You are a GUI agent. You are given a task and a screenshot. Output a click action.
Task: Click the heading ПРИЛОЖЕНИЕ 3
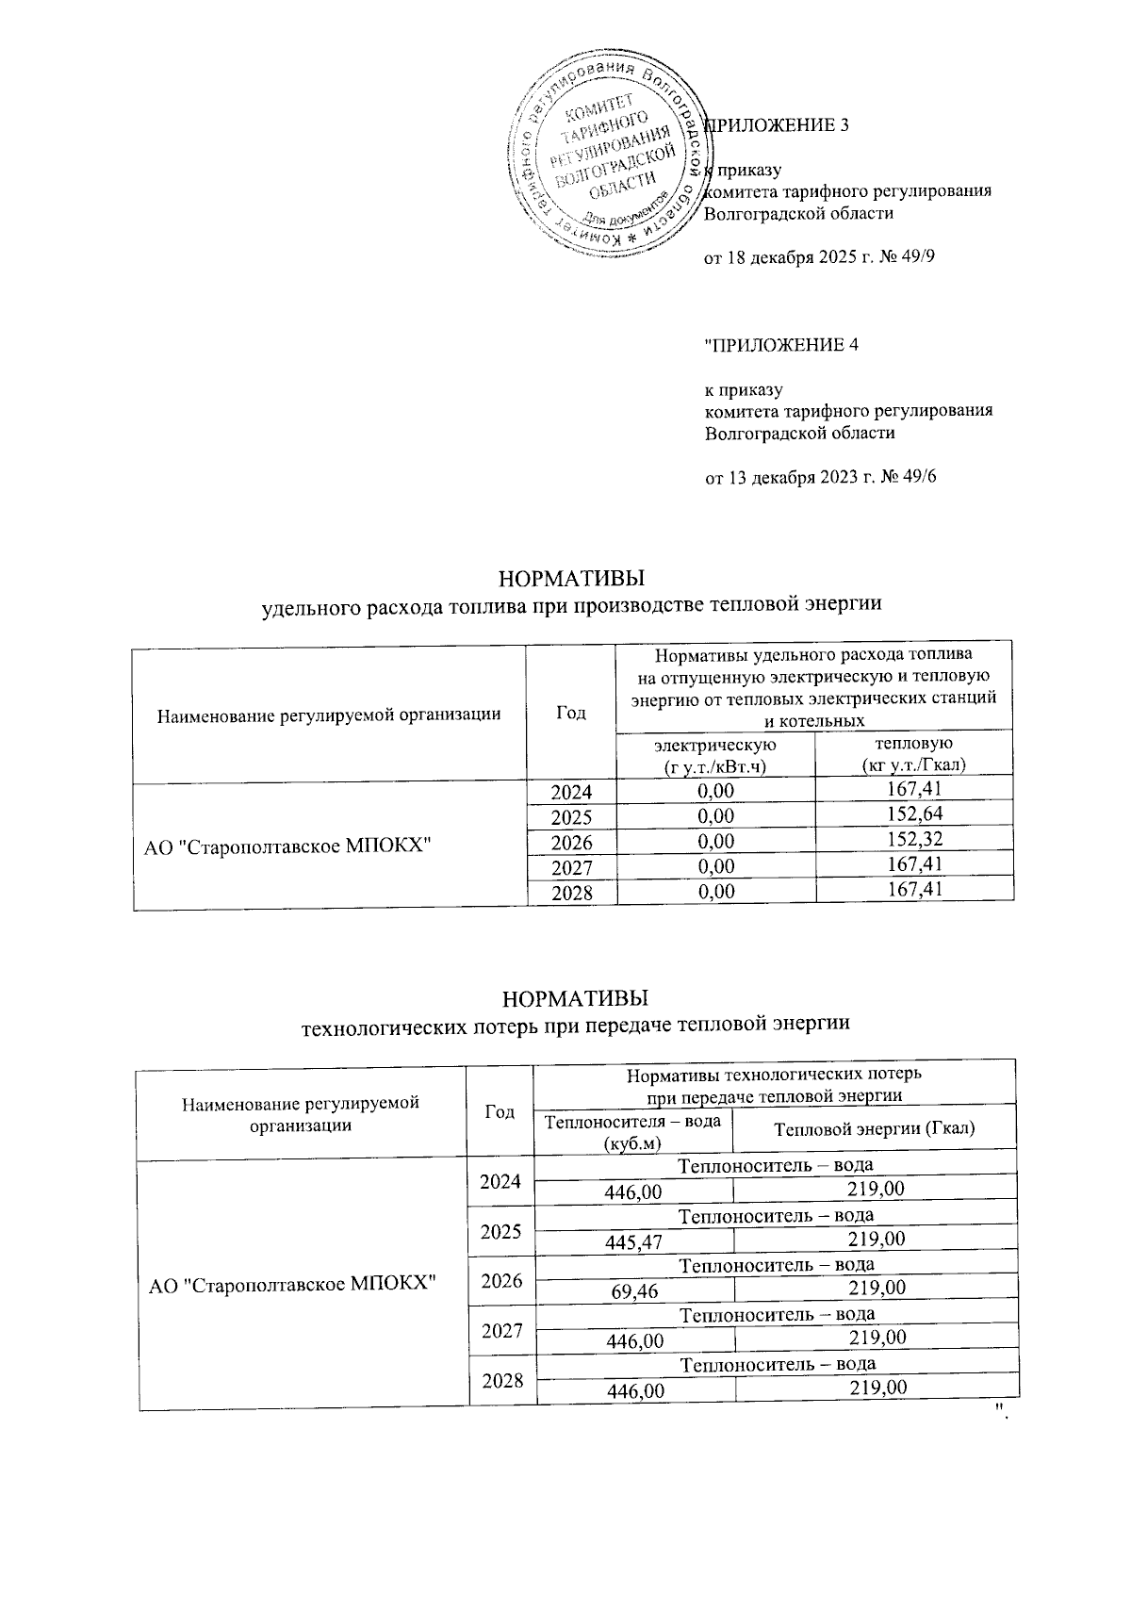pos(778,125)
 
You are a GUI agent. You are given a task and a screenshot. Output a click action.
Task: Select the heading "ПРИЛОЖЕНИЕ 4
pos(781,345)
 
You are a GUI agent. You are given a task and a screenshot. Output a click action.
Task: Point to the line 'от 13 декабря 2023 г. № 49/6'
pos(821,477)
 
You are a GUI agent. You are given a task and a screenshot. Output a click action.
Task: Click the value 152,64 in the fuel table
pos(909,814)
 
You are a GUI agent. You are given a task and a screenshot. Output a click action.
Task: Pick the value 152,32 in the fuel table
pos(909,840)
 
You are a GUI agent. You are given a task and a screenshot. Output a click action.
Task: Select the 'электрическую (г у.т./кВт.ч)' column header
pos(714,755)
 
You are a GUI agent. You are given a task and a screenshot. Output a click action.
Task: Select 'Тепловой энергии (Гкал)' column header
pos(874,1128)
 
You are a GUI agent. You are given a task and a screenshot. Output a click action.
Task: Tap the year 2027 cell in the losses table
pos(501,1331)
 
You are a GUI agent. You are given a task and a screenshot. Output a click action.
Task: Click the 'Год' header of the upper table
pos(570,713)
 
